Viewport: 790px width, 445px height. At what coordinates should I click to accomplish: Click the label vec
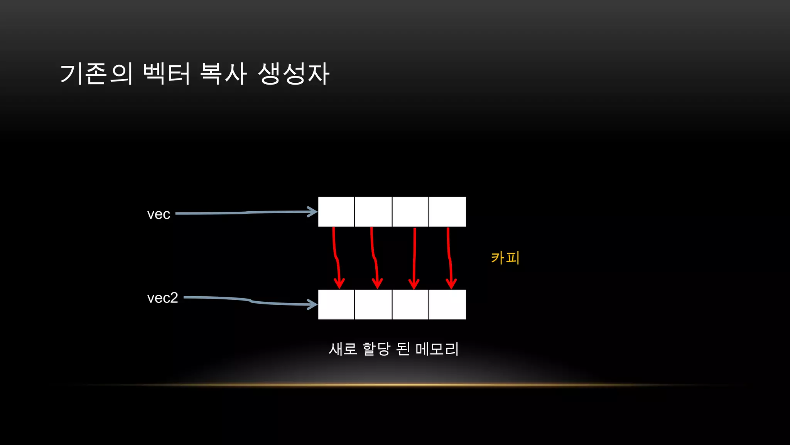click(x=159, y=214)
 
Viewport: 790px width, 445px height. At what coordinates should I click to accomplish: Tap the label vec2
click(x=162, y=298)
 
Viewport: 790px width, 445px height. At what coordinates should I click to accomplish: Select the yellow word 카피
click(x=505, y=258)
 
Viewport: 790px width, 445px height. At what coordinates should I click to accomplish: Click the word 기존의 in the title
click(x=96, y=73)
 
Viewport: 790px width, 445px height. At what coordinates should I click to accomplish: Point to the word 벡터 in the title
click(x=167, y=73)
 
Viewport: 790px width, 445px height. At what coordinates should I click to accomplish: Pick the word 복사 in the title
click(x=223, y=73)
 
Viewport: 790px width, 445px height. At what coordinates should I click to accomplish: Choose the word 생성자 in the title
click(x=294, y=73)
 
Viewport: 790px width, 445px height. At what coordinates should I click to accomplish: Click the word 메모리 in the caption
click(x=437, y=349)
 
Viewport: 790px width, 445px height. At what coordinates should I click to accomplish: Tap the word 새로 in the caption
click(x=343, y=349)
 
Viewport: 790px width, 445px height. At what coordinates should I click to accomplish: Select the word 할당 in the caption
click(x=376, y=349)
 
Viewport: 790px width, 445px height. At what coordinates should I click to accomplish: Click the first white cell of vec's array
click(x=336, y=212)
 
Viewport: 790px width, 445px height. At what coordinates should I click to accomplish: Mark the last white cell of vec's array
click(x=447, y=212)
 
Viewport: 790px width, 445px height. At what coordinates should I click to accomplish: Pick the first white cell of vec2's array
click(x=336, y=304)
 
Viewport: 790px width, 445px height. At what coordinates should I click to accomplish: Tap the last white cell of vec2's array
click(x=447, y=304)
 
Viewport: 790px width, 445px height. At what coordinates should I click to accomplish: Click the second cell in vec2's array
click(x=373, y=304)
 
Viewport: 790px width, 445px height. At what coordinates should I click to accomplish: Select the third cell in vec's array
click(x=410, y=212)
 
